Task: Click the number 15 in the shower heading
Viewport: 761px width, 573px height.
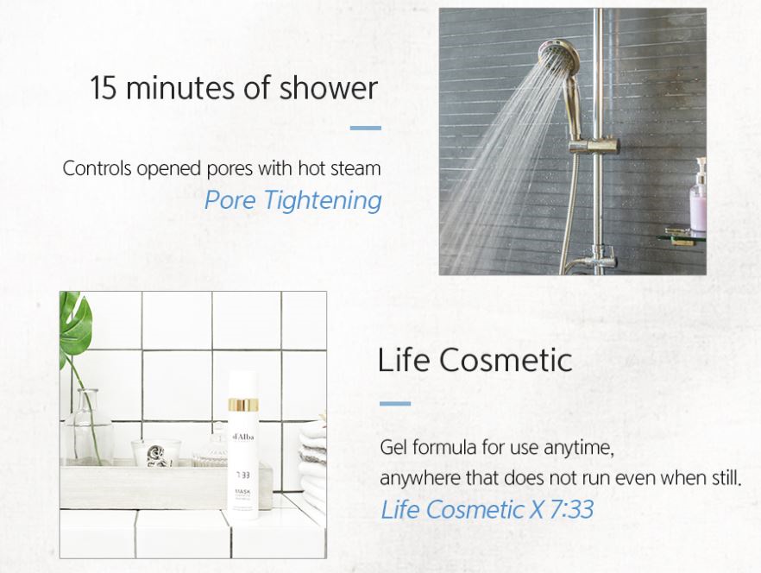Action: (x=103, y=88)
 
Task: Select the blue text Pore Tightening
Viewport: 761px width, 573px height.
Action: (x=292, y=200)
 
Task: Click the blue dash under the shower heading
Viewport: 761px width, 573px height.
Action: (x=366, y=129)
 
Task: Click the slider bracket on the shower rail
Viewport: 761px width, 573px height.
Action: (x=594, y=146)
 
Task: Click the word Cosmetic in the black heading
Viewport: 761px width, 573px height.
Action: (x=506, y=361)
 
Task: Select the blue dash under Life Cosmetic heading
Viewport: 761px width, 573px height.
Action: (x=395, y=404)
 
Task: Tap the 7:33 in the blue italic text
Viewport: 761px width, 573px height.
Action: (x=571, y=510)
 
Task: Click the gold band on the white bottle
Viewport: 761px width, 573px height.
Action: (x=243, y=406)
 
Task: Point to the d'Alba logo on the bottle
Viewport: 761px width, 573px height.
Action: (x=243, y=437)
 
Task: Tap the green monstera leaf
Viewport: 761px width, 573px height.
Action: (x=75, y=322)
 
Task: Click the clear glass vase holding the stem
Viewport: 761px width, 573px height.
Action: (x=88, y=428)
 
